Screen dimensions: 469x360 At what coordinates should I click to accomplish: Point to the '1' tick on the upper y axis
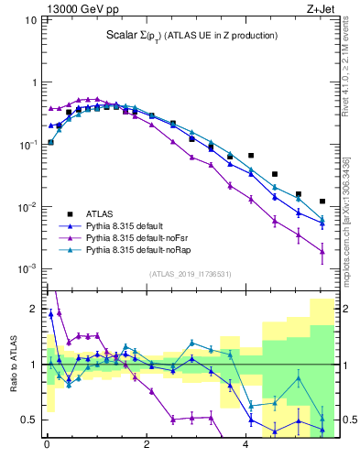coord(36,82)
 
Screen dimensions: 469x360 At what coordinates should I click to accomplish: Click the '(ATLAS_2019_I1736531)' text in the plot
coord(191,274)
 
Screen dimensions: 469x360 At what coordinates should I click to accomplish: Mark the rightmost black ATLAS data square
coord(322,202)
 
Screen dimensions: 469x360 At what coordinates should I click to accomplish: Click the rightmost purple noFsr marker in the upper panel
coord(322,252)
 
